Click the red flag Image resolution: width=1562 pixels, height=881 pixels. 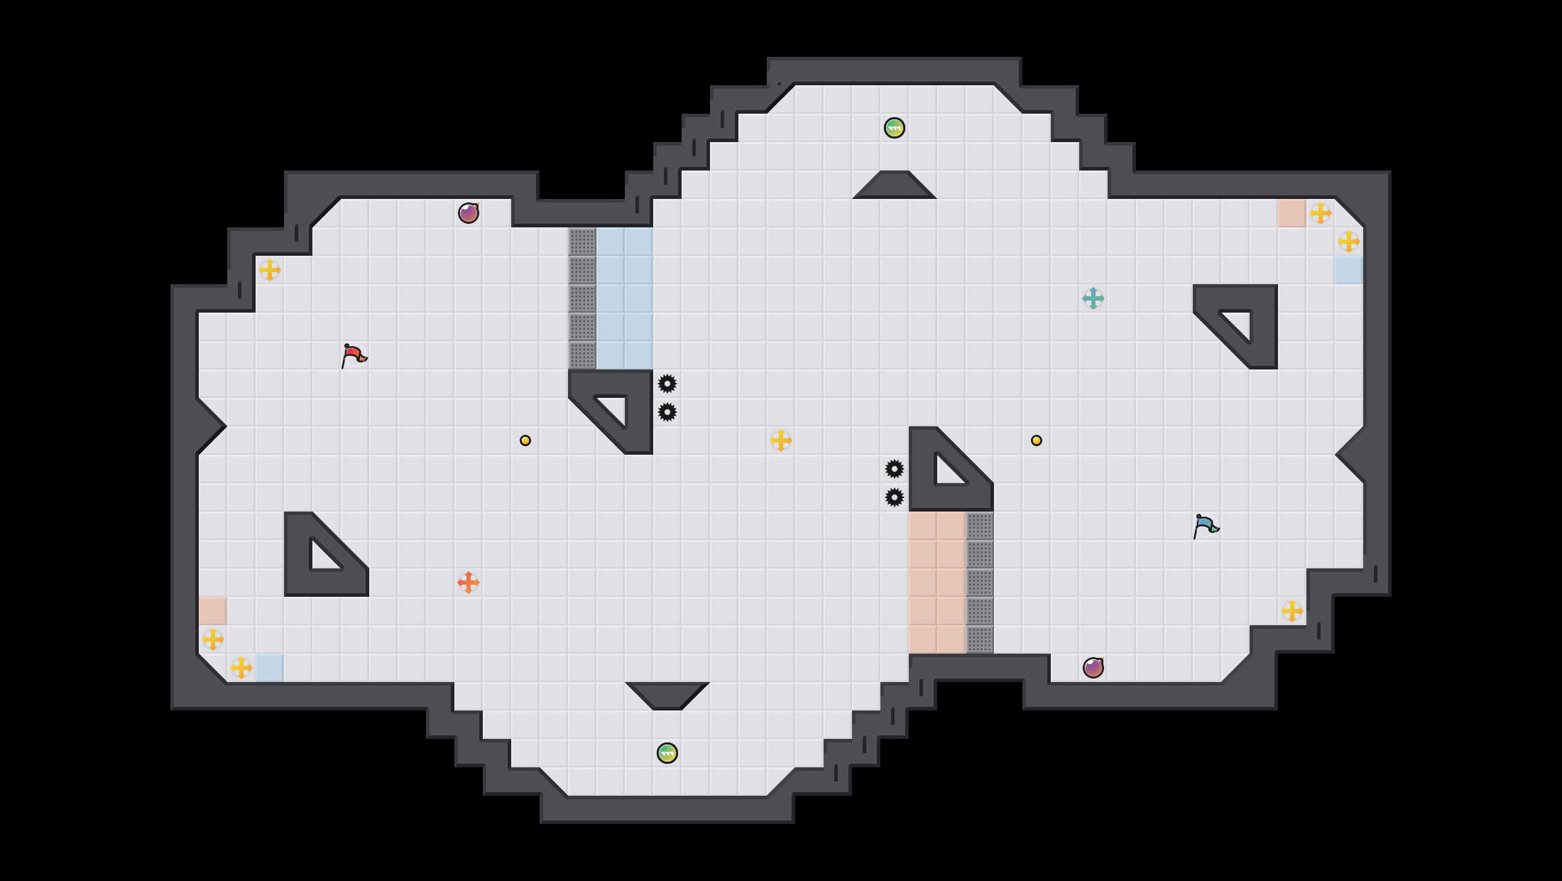click(x=353, y=355)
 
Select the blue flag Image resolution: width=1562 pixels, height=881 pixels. click(x=1205, y=526)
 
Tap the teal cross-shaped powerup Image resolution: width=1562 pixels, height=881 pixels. click(x=1093, y=298)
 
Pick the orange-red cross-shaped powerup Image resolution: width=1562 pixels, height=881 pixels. click(x=469, y=583)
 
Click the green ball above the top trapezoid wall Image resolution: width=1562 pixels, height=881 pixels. click(x=895, y=128)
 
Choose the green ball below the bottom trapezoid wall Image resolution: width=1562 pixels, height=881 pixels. click(x=667, y=753)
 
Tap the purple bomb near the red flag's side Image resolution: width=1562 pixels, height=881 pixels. click(x=469, y=213)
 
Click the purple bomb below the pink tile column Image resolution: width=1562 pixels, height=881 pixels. click(x=1093, y=668)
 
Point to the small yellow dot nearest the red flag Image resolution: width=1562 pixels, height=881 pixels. click(x=525, y=440)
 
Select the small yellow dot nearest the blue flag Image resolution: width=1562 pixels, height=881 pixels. click(x=1037, y=440)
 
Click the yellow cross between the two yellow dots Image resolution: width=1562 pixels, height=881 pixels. click(x=781, y=440)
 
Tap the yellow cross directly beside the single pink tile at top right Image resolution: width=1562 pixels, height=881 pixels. click(x=1321, y=213)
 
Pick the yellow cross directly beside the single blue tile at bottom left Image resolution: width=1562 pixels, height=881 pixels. click(x=241, y=668)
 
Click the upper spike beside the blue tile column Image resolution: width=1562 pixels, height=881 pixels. click(x=667, y=384)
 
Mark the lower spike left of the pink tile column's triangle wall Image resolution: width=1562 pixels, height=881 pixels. click(x=895, y=497)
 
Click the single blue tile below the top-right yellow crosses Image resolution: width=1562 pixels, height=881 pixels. click(x=1349, y=270)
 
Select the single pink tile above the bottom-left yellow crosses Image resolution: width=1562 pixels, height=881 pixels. click(x=213, y=611)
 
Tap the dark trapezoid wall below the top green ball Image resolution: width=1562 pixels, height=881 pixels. click(x=895, y=186)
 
